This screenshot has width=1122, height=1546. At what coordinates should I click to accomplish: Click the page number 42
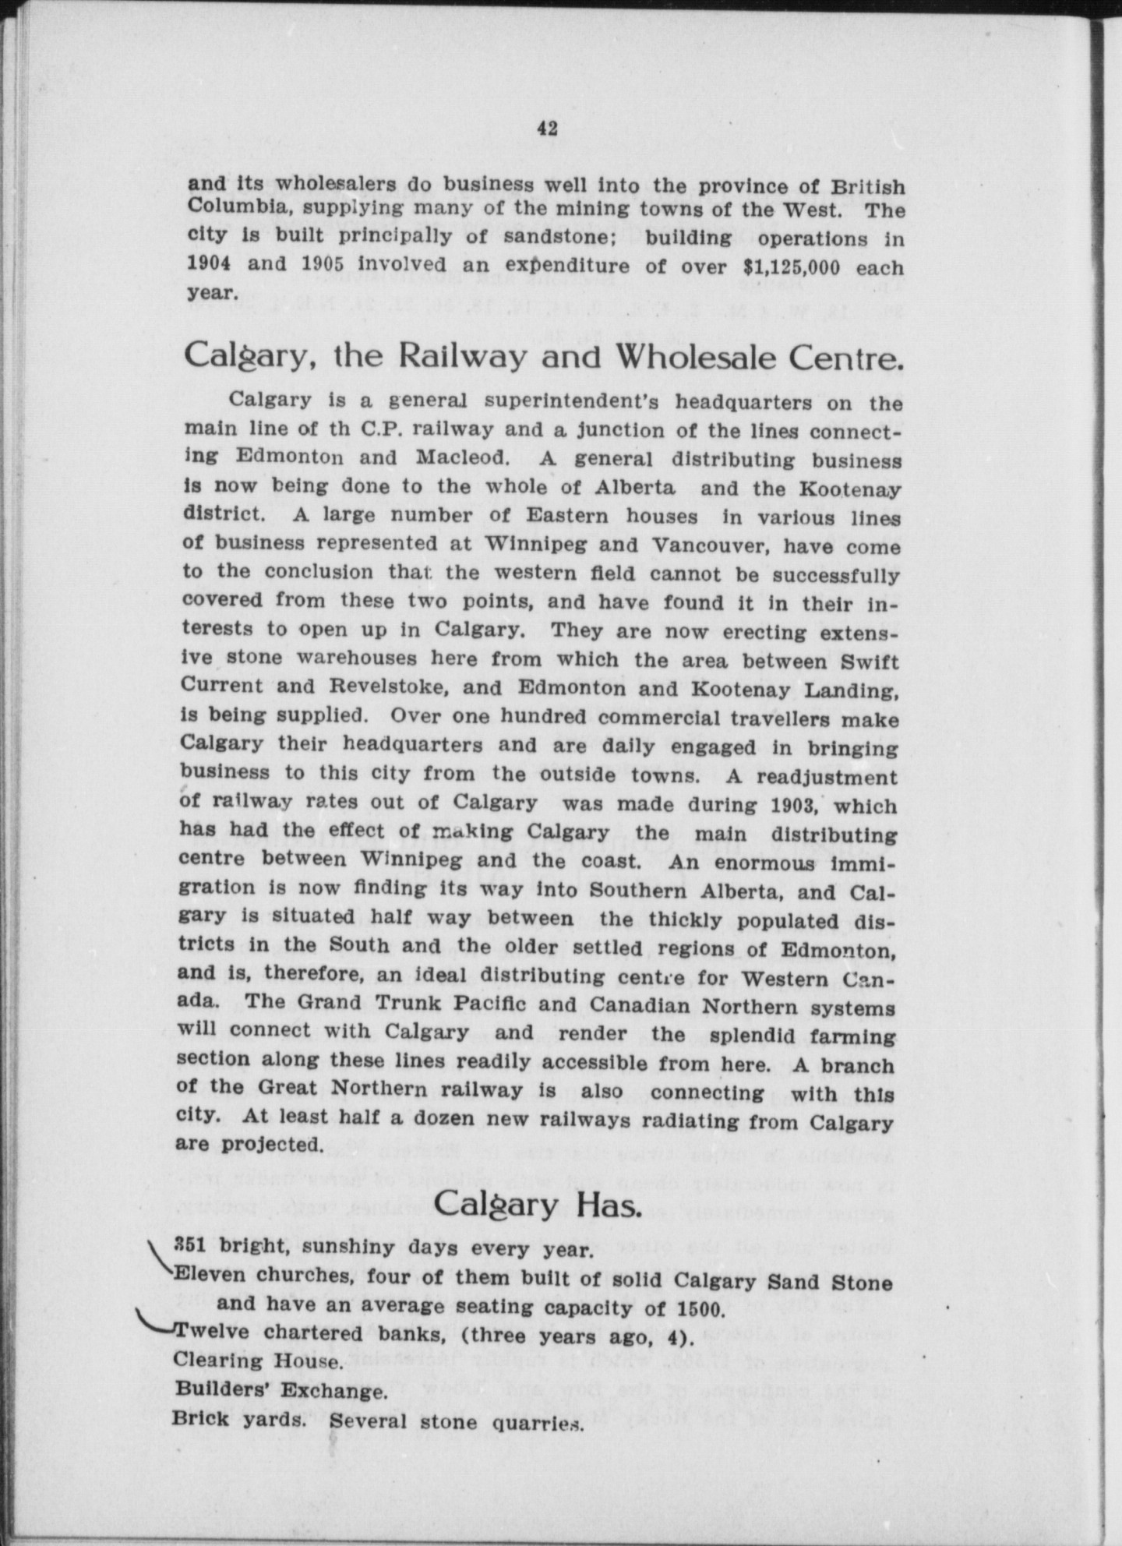[x=548, y=129]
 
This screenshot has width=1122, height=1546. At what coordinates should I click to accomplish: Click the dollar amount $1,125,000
[x=792, y=267]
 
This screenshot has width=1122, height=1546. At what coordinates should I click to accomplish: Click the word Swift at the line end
[x=870, y=662]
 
